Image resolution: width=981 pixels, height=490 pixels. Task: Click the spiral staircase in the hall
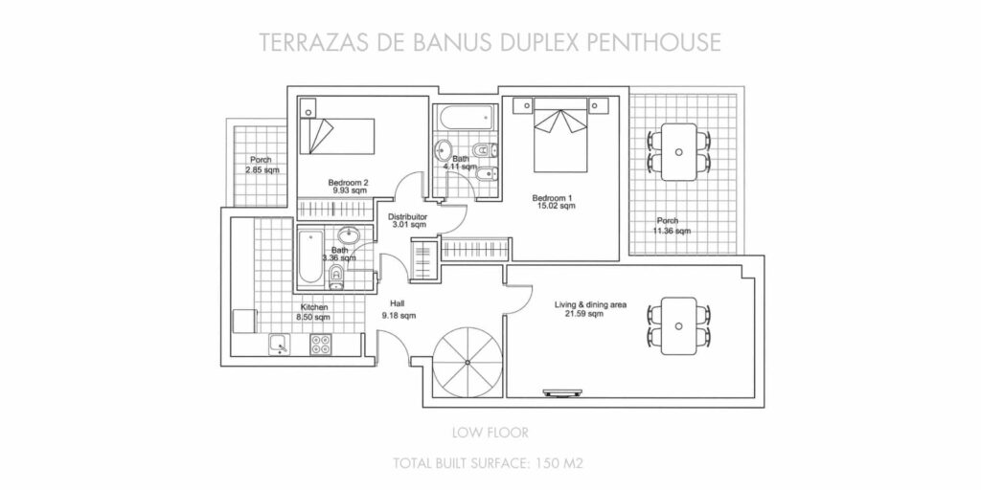click(x=468, y=363)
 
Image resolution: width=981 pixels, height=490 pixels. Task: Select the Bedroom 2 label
click(x=349, y=183)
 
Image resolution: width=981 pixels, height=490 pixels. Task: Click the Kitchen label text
click(x=314, y=307)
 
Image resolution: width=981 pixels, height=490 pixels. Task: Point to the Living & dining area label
click(x=590, y=305)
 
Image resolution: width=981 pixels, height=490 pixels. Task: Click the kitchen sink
click(x=280, y=345)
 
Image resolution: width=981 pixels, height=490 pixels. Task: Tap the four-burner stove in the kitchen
click(x=321, y=345)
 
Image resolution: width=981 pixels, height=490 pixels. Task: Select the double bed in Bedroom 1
click(x=561, y=134)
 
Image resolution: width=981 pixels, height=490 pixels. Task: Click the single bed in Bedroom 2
click(x=335, y=136)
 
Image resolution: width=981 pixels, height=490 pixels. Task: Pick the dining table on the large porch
click(x=679, y=152)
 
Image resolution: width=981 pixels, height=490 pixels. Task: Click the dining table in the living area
click(x=679, y=325)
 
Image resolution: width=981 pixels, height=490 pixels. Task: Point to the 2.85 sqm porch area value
click(x=262, y=170)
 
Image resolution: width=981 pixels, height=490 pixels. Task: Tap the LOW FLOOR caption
click(x=490, y=432)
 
